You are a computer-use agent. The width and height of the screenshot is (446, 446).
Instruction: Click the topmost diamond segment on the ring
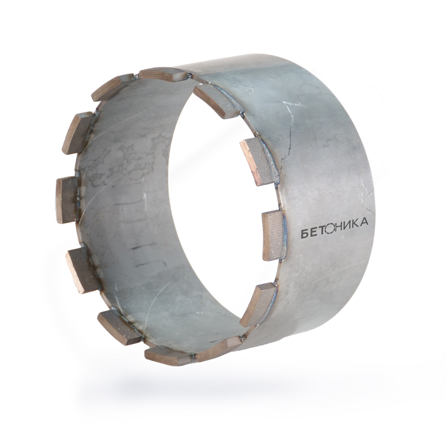(x=163, y=74)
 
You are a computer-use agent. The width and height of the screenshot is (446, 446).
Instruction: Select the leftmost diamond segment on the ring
(x=67, y=200)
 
